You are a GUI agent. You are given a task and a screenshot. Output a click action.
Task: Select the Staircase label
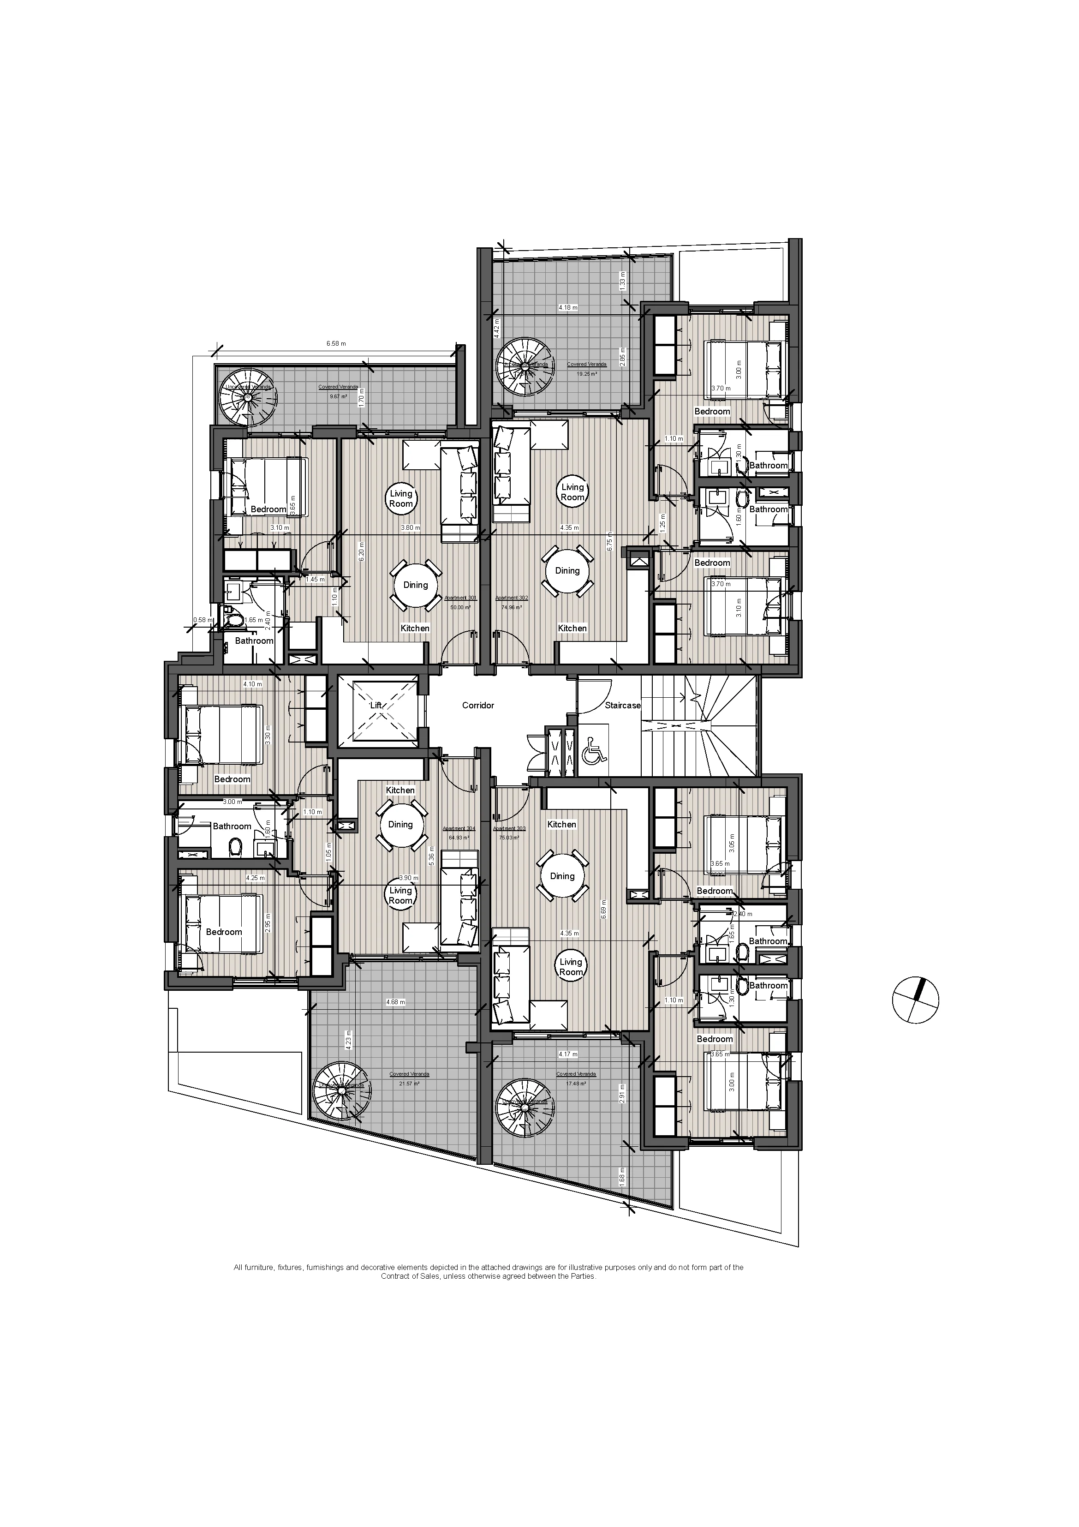622,705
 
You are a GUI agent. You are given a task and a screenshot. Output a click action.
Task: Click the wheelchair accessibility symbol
593,754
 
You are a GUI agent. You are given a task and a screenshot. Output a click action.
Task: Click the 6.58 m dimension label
336,344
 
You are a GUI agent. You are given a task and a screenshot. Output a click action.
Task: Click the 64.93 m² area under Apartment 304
459,838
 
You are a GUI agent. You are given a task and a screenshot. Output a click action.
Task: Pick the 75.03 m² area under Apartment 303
509,838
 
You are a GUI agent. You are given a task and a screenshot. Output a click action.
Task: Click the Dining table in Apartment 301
416,585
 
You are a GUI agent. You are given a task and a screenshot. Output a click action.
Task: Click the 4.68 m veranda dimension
395,1002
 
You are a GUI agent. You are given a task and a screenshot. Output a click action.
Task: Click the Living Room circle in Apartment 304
400,896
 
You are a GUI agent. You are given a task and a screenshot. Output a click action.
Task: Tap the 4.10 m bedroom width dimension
253,684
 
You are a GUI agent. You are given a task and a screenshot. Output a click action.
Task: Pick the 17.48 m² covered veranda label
576,1084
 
